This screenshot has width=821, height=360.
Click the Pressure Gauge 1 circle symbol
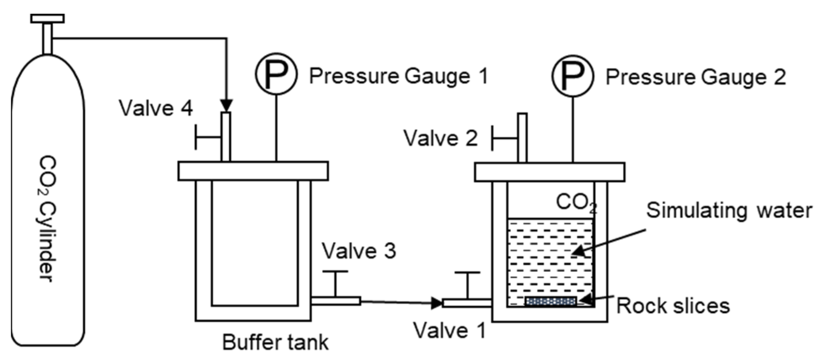276,74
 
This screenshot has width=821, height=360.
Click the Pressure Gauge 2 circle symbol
572,76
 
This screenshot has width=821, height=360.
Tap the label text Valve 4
156,108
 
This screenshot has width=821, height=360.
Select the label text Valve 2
440,138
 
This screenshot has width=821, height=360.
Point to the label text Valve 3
359,251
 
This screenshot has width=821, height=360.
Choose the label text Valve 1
449,330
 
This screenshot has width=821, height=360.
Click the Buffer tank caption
275,342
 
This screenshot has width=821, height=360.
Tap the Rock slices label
673,306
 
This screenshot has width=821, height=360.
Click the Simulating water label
729,210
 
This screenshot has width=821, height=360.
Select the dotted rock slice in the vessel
550,301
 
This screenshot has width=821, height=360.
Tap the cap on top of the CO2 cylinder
47,18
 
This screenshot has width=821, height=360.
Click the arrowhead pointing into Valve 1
437,303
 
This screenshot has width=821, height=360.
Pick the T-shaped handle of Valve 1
467,283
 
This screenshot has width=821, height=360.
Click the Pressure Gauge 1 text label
398,76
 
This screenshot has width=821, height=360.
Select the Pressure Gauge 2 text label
695,77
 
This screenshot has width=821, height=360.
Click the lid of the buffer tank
253,171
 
